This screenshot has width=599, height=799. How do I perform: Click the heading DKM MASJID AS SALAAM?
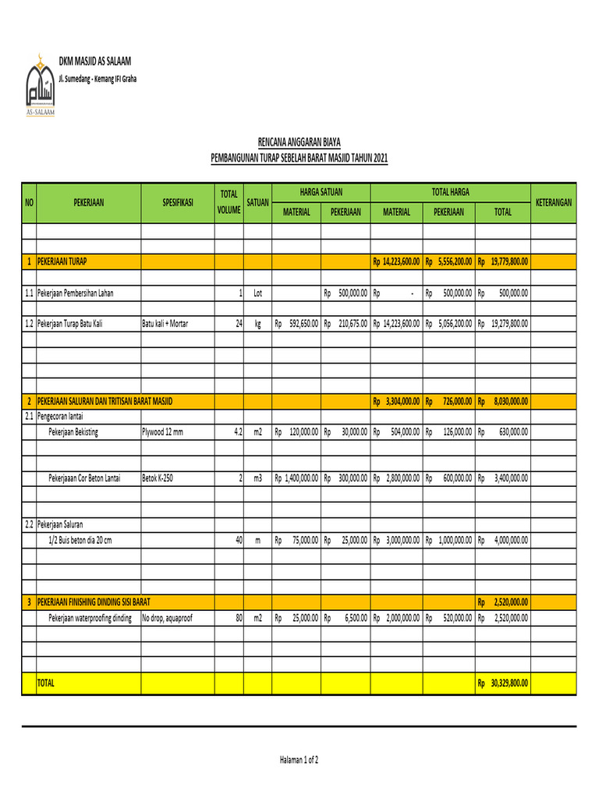tap(95, 61)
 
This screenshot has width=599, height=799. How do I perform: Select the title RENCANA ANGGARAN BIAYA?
tap(299, 142)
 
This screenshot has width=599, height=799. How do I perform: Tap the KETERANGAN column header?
tap(553, 202)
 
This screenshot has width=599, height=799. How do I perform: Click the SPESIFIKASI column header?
tap(178, 202)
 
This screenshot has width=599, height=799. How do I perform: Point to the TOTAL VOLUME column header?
tap(229, 202)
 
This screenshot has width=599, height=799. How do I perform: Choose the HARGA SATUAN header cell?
tap(321, 191)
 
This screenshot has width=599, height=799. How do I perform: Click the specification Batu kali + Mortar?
tap(165, 323)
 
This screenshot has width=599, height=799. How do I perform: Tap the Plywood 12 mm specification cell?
tap(162, 431)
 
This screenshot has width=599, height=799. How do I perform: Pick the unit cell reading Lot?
tap(257, 293)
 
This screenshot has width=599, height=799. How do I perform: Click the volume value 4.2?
tap(237, 431)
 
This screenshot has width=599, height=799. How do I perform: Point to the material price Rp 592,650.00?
tap(296, 323)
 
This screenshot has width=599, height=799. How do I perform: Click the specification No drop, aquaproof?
tap(167, 618)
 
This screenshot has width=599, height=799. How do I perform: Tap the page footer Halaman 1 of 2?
tap(299, 759)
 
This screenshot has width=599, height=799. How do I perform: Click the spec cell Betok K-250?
tap(157, 478)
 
